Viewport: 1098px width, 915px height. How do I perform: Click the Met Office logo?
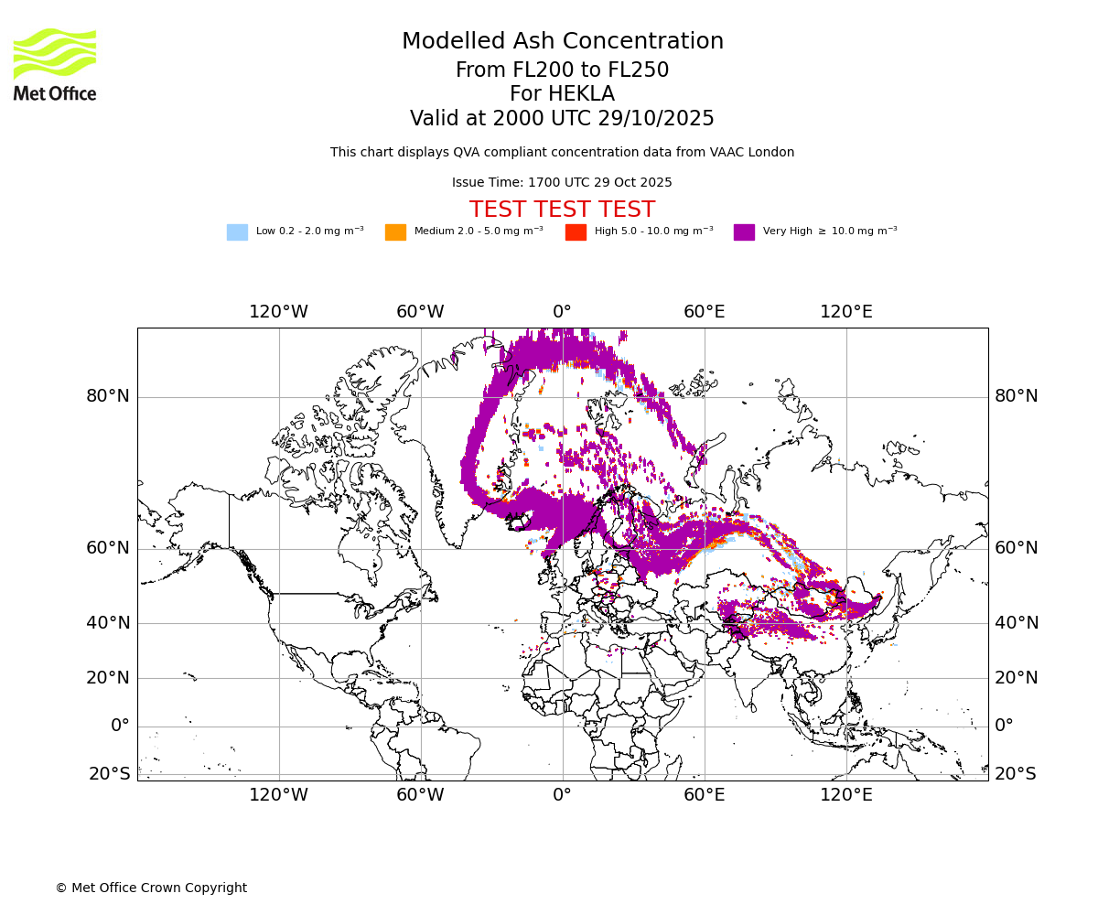[55, 64]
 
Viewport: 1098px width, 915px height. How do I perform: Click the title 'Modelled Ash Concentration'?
[562, 42]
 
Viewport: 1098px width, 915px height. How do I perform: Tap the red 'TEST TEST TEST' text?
[562, 210]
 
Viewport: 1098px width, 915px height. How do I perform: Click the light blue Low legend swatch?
[237, 232]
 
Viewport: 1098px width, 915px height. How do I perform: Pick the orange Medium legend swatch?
[395, 232]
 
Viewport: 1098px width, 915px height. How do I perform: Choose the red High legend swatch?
[576, 232]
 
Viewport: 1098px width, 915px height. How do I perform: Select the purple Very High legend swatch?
[744, 232]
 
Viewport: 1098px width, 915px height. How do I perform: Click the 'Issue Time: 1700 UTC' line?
[562, 183]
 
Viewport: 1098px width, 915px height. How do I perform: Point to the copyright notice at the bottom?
[151, 888]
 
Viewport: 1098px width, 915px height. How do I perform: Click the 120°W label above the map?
[278, 312]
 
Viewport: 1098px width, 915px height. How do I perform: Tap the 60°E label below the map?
[704, 795]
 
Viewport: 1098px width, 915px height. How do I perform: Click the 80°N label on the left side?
[108, 396]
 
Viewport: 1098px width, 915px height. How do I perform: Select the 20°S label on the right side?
[1016, 774]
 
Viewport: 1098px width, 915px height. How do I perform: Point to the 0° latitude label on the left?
[120, 726]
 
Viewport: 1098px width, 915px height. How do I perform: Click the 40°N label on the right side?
[1017, 623]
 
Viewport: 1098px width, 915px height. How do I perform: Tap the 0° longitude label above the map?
[562, 312]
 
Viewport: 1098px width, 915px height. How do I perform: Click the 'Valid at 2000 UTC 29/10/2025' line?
[562, 119]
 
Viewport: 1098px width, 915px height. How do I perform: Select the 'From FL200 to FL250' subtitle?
[562, 70]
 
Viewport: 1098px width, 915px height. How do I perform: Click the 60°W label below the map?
[420, 795]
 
